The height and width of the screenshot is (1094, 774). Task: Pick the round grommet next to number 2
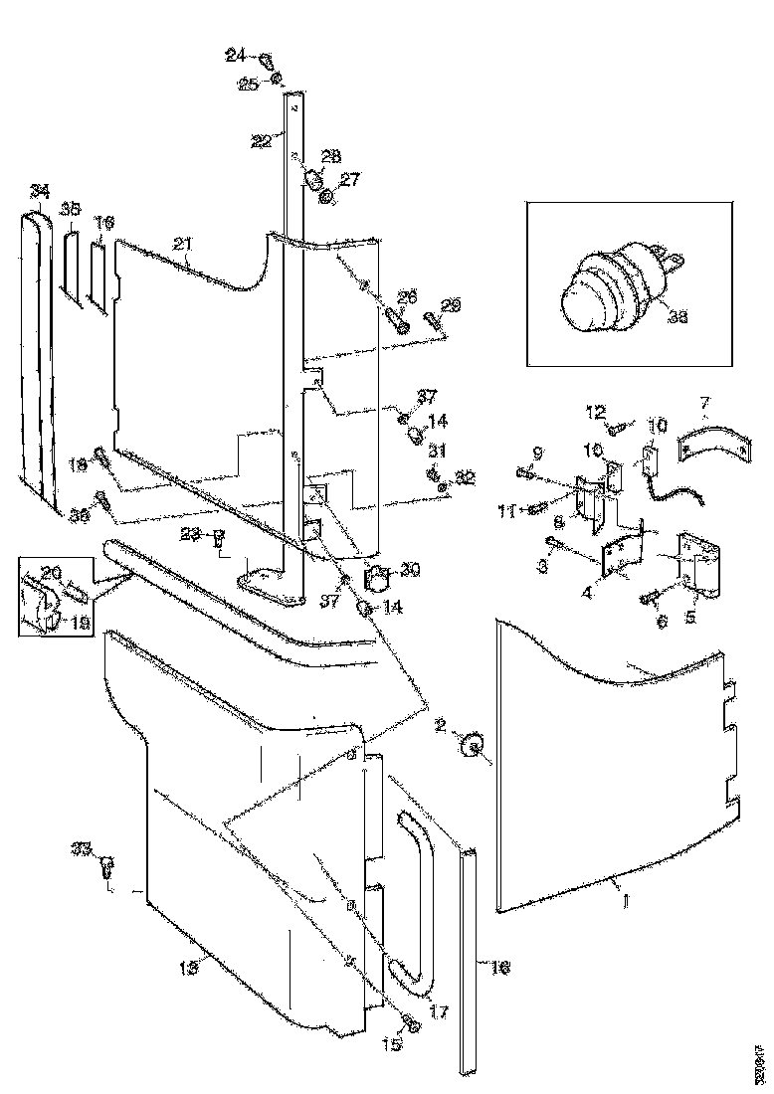[x=473, y=744]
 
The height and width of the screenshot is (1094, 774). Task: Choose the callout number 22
[x=260, y=140]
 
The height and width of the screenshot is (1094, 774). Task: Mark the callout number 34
[x=39, y=190]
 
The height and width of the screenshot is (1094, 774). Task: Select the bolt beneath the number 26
[x=396, y=320]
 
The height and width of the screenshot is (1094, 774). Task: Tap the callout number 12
[x=595, y=411]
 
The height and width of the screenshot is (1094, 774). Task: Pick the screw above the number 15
[x=410, y=1021]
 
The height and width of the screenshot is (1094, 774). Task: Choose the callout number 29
[x=451, y=305]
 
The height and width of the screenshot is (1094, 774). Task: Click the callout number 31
[x=438, y=451]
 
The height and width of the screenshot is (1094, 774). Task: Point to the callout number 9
[x=537, y=453]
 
